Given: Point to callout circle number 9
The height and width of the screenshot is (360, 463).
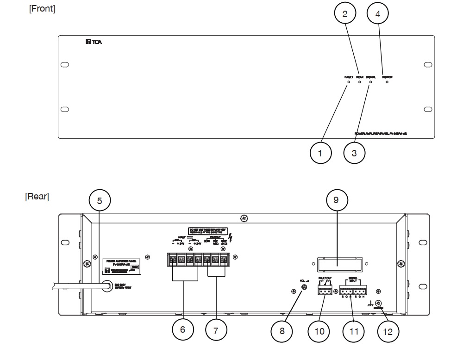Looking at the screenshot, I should (336, 200).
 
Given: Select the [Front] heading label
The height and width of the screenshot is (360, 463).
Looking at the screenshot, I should (42, 9).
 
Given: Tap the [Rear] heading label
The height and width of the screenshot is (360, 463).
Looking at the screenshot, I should (37, 197).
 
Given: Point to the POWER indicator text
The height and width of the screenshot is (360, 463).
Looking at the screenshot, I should (387, 77).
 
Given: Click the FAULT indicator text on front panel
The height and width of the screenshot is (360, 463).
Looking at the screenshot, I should (349, 77).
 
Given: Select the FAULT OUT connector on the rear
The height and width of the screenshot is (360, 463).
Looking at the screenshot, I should (325, 290).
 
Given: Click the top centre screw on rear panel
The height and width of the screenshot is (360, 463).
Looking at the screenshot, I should (244, 217).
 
